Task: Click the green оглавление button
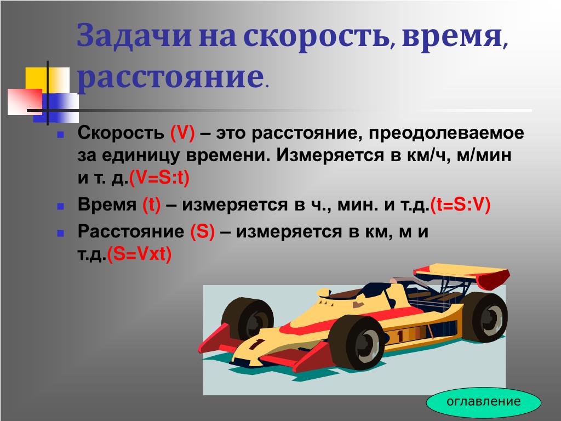pos(483,402)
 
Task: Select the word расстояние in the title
pos(170,77)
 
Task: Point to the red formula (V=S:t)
pos(159,178)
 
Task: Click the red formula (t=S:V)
pos(460,205)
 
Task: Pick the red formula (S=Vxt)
pos(139,254)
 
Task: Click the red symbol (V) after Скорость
pos(182,133)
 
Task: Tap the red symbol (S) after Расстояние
pos(203,231)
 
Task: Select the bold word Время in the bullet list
pos(107,205)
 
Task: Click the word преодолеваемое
pos(446,133)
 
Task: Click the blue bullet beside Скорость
pos(60,135)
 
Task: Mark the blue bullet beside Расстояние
pos(60,234)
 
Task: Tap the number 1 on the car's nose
pos(256,343)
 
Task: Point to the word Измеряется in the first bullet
pos(329,155)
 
